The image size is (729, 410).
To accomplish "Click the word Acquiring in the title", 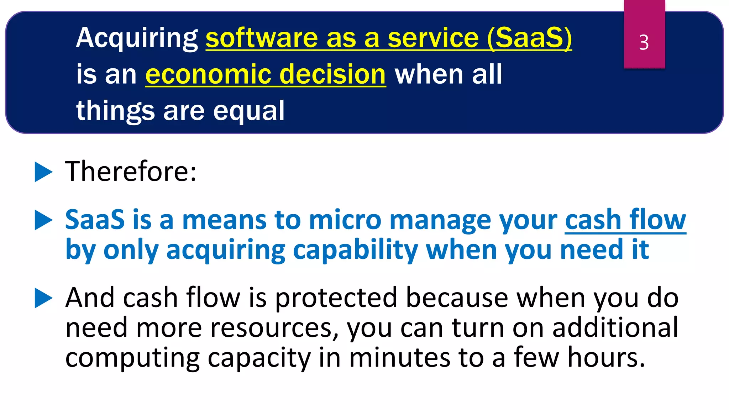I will click(137, 38).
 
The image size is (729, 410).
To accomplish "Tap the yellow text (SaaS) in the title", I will click(529, 38).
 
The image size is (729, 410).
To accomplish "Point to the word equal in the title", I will click(249, 111).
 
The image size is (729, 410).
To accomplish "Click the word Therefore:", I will click(131, 172).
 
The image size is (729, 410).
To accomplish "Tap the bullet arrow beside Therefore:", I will click(43, 172).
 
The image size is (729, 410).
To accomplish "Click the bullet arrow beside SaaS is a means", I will click(43, 220).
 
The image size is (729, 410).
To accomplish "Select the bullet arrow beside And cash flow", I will click(43, 298).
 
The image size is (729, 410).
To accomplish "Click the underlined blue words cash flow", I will click(625, 220).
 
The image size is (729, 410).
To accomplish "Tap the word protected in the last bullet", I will click(336, 298).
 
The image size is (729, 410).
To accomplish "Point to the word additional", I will click(615, 328).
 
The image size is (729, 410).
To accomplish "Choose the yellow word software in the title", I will click(262, 38).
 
